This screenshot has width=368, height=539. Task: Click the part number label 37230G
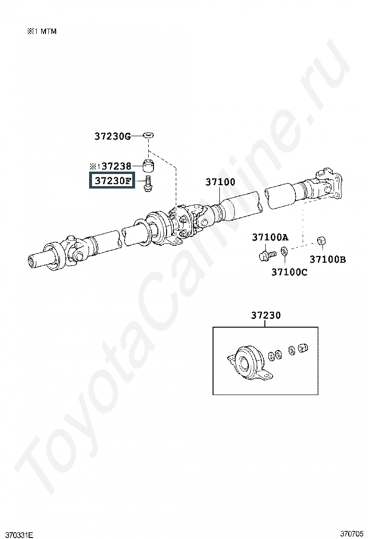(x=113, y=137)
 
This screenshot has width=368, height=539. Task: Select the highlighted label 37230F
(x=113, y=180)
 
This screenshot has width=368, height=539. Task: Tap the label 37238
(x=116, y=166)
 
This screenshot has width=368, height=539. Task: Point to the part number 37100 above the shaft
(x=220, y=182)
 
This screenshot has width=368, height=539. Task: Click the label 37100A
(x=270, y=237)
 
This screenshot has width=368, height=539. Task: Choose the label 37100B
(x=328, y=259)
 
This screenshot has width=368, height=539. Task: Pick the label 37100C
(x=290, y=272)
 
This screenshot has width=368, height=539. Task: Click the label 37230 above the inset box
(x=266, y=315)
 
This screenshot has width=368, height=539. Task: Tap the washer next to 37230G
(x=149, y=135)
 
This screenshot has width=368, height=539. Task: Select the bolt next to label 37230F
(x=148, y=184)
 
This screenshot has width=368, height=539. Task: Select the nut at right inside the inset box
(x=303, y=348)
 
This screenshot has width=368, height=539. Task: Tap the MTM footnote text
(x=42, y=32)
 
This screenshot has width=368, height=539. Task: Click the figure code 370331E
(x=17, y=535)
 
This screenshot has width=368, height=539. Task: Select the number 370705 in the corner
(x=352, y=534)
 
